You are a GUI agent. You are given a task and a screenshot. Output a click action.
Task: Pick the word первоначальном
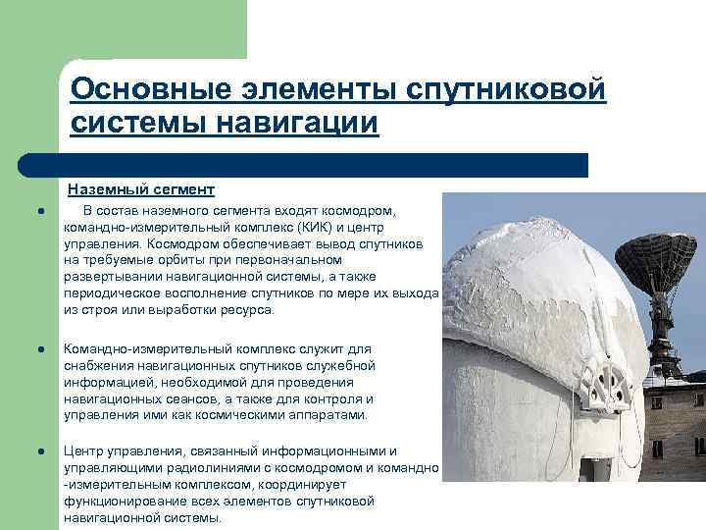click(x=284, y=259)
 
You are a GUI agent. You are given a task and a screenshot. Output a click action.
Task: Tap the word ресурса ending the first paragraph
click(x=248, y=309)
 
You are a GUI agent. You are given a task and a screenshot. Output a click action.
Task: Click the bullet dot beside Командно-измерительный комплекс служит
click(x=33, y=349)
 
